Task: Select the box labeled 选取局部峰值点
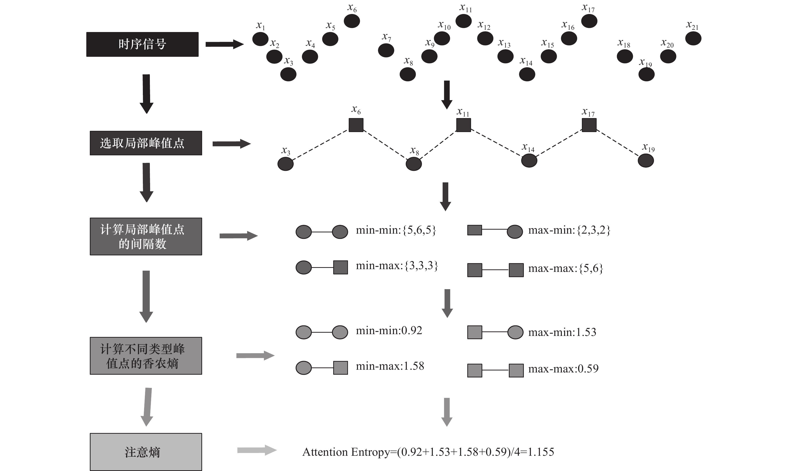[146, 143]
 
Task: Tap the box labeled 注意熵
[146, 452]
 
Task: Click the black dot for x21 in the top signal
[693, 39]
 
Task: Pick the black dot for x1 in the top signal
[260, 39]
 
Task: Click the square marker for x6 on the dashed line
[356, 125]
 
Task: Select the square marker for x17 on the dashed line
[589, 125]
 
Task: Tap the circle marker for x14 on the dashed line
[529, 161]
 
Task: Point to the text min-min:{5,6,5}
[396, 230]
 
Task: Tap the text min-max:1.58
[390, 366]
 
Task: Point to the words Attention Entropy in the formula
[346, 452]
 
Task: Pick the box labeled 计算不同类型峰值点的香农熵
[146, 356]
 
